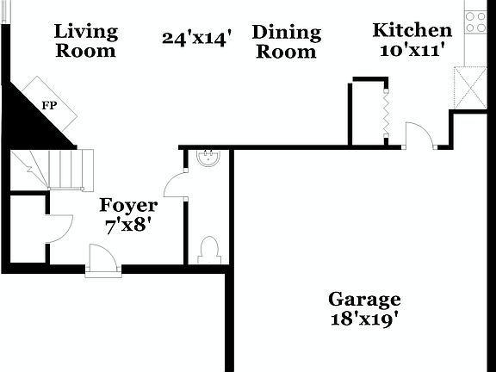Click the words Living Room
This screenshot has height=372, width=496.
(85, 40)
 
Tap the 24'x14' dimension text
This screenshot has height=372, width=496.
(197, 38)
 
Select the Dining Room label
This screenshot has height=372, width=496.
(287, 42)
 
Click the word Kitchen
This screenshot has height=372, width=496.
(412, 31)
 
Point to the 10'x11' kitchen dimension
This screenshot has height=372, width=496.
(412, 50)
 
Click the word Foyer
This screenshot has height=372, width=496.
(128, 206)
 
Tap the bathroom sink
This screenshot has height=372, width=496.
(208, 157)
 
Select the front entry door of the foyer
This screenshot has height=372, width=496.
(102, 258)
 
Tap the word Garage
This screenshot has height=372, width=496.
(364, 300)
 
